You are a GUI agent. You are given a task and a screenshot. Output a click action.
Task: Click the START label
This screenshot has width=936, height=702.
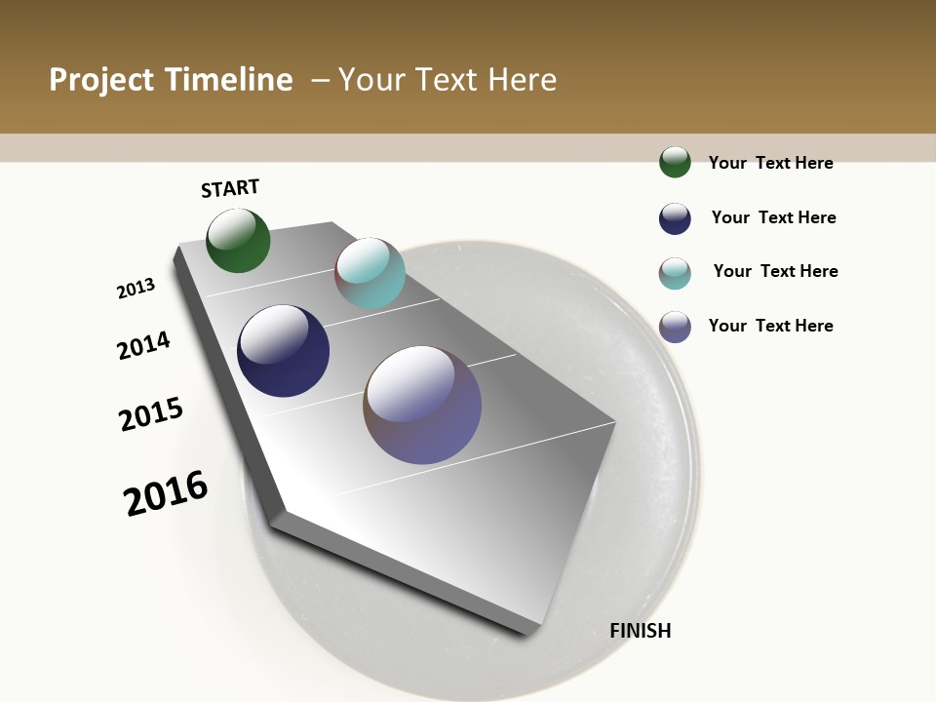point(230,188)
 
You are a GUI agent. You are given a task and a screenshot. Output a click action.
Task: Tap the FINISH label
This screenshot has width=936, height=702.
point(640,631)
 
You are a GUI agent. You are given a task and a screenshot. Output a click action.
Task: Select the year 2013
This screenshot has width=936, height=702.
point(136,289)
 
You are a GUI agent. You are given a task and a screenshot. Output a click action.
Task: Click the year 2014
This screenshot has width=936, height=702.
point(143,345)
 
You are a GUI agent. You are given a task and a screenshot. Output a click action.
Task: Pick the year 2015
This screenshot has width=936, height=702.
point(151,413)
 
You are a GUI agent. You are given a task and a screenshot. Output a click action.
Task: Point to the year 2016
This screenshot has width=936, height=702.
point(166,493)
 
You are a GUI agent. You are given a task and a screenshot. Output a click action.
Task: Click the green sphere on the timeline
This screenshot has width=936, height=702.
point(238,241)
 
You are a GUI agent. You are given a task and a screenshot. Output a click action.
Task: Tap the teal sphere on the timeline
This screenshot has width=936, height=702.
point(370,273)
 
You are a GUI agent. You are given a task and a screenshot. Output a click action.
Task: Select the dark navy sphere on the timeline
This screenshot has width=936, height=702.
point(283,351)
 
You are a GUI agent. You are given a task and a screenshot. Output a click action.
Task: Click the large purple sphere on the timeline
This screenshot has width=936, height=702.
point(422,405)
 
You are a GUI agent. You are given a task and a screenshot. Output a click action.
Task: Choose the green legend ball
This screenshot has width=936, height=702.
point(675,162)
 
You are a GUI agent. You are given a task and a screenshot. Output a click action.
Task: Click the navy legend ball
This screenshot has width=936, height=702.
point(675,218)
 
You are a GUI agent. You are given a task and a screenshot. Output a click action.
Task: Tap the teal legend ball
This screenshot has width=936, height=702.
point(675,273)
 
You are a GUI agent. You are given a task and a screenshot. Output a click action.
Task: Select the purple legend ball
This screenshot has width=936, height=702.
point(675,327)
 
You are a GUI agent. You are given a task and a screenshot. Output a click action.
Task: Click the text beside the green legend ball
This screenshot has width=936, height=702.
point(770,163)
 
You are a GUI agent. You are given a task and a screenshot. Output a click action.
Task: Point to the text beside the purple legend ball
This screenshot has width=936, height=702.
point(770,326)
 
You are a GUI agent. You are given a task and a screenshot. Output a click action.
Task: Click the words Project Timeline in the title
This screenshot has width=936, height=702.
point(171,80)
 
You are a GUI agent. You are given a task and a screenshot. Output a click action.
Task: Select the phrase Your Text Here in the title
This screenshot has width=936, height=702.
point(448,80)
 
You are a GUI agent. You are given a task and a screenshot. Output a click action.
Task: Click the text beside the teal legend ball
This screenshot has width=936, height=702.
point(775,271)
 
